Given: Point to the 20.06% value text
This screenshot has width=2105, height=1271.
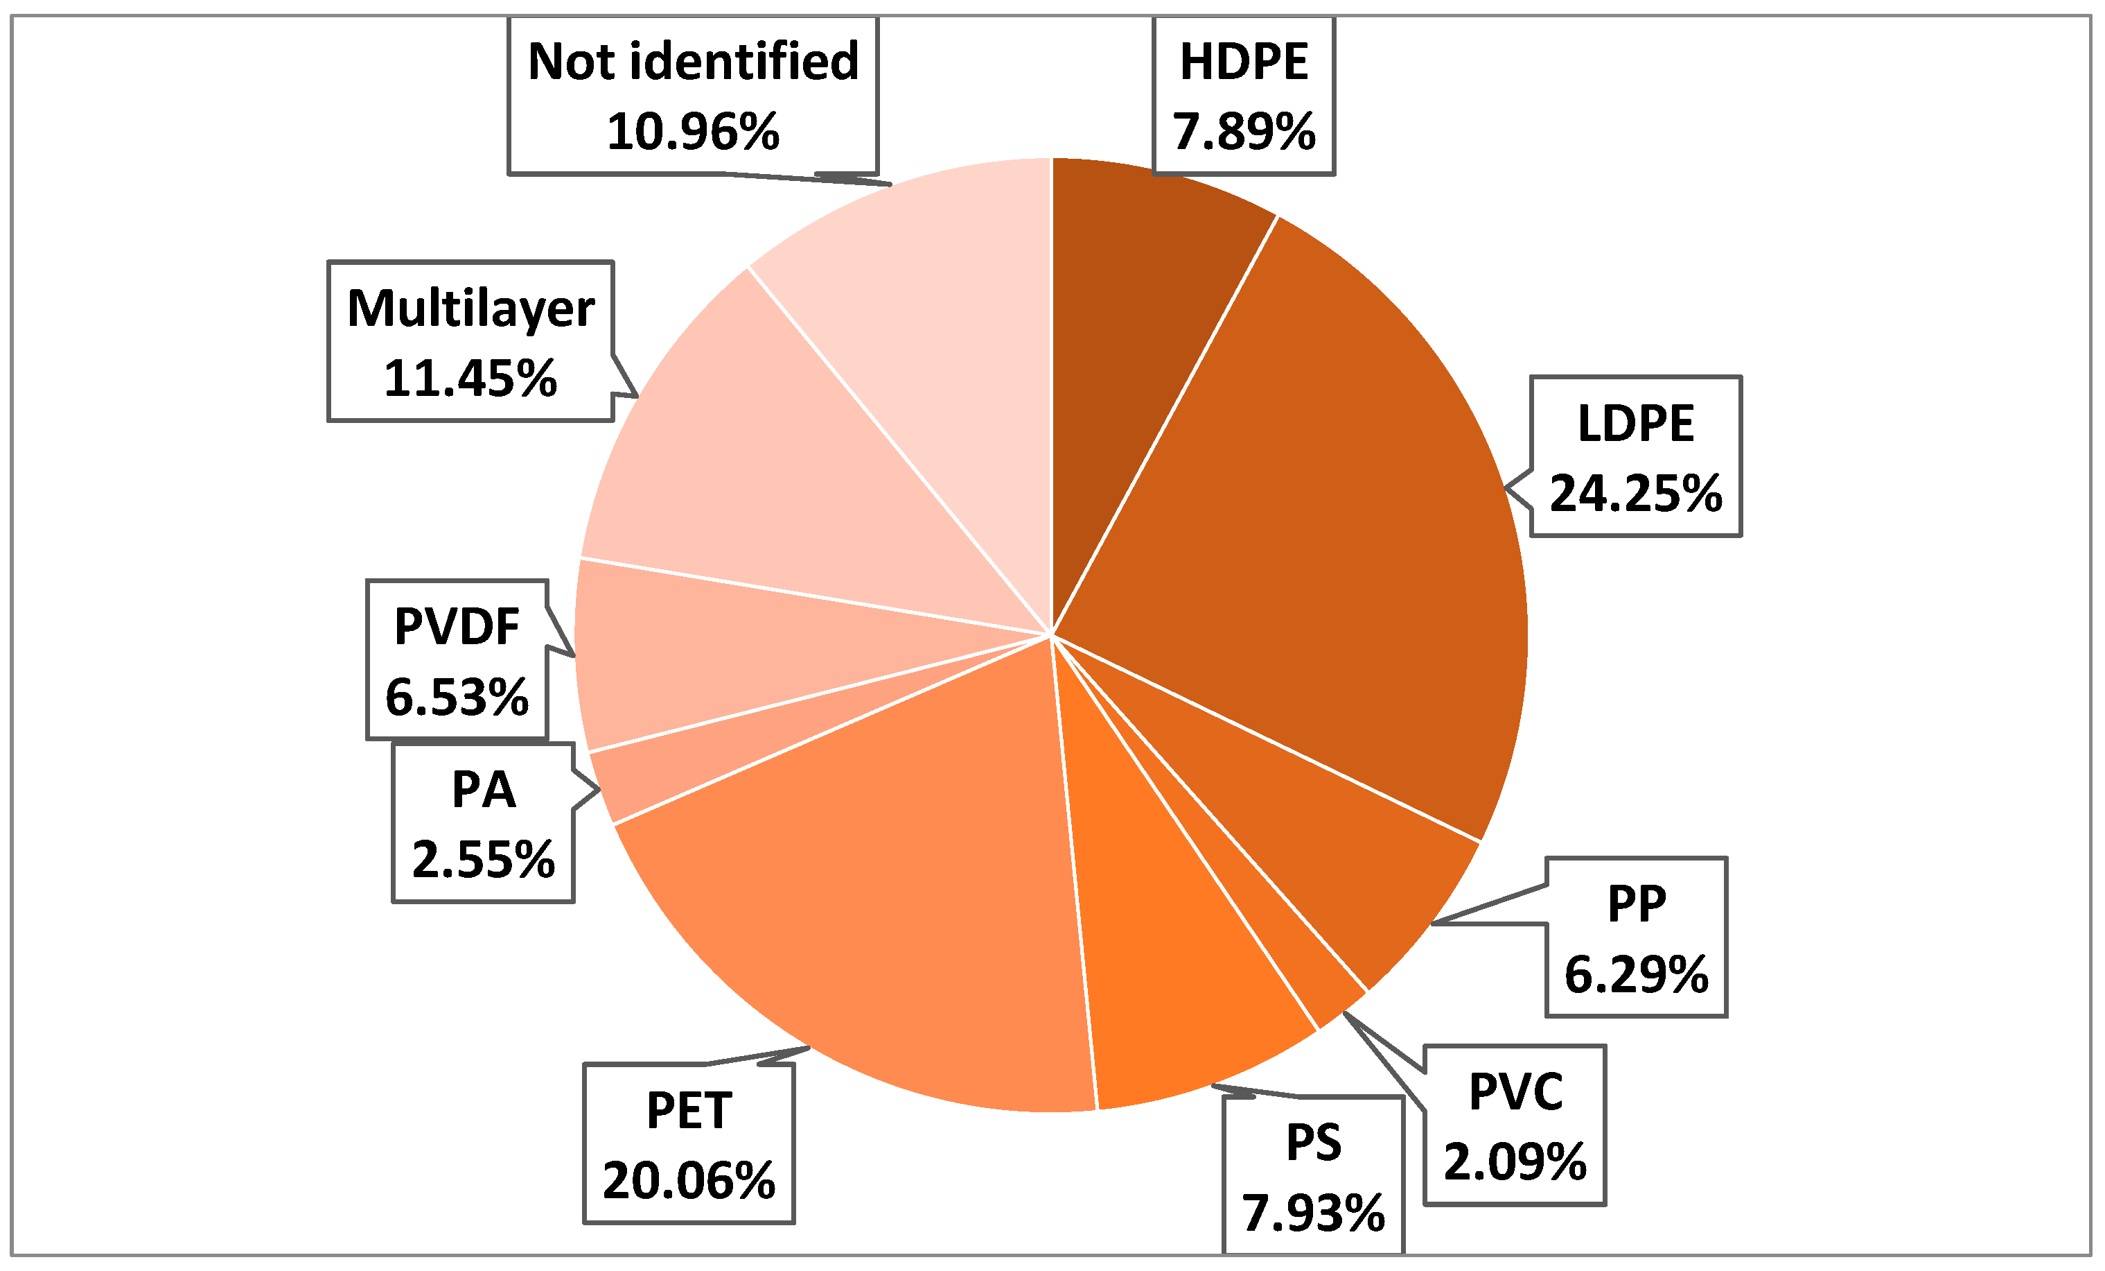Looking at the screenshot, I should coord(689,1182).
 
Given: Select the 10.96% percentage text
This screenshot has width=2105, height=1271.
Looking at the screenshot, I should coord(693,132).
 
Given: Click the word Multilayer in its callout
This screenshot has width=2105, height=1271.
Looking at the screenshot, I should coord(470,309).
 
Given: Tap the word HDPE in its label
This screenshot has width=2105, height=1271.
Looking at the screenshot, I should coord(1244,62).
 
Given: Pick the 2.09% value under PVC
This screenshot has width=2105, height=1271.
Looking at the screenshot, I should coord(1515,1161).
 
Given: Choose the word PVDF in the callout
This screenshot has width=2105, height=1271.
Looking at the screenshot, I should coord(457,628).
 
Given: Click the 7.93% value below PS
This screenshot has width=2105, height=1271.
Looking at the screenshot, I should coord(1313,1213).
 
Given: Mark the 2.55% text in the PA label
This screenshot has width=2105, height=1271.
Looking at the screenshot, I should coord(484,860).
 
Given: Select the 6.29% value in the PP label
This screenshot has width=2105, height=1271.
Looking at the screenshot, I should coord(1636,974).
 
